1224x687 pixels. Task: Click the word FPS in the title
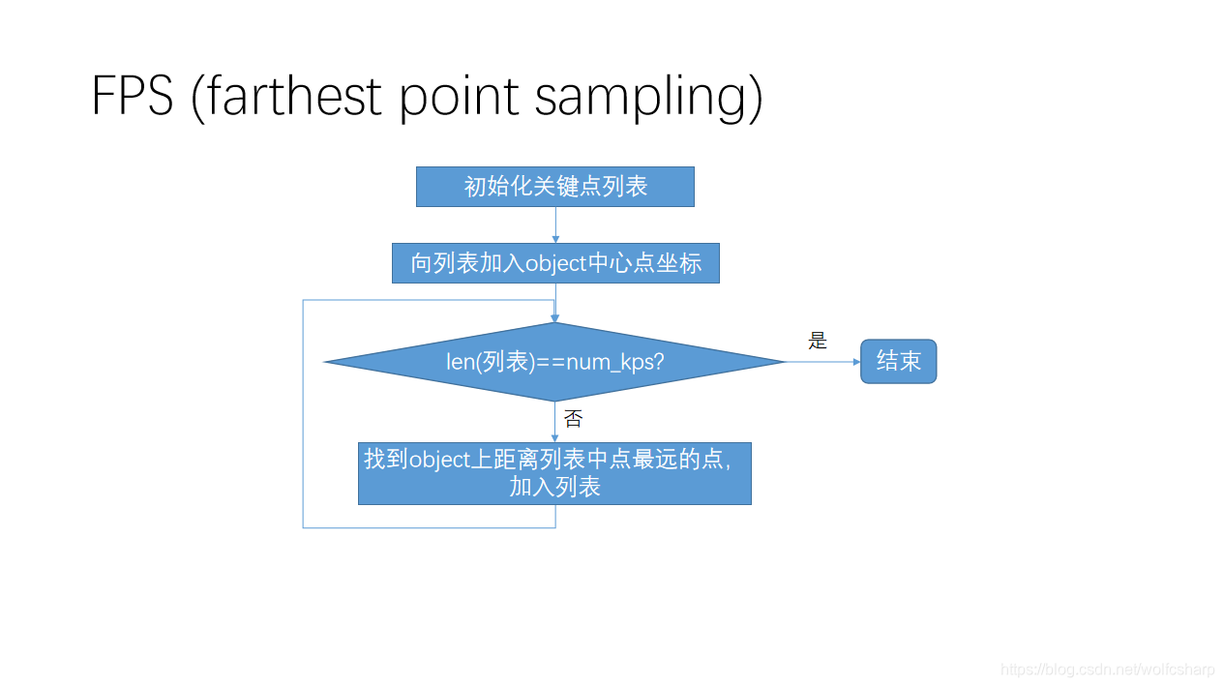pos(132,96)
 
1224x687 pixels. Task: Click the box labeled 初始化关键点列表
pos(555,187)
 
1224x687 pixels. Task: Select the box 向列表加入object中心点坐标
pos(555,263)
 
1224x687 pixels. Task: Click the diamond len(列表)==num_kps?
pos(554,362)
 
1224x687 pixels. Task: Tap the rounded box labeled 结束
pos(898,361)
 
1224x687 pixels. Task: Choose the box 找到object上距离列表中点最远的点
pos(554,473)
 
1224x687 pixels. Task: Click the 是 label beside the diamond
pos(818,341)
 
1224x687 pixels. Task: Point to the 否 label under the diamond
pos(573,419)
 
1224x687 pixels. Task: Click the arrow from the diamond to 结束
pos(822,362)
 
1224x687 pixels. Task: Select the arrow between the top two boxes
pos(555,224)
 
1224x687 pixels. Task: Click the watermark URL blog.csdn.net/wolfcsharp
pos(1107,670)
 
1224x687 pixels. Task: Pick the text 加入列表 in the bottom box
pos(554,487)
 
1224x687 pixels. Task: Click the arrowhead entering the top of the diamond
pos(554,317)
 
